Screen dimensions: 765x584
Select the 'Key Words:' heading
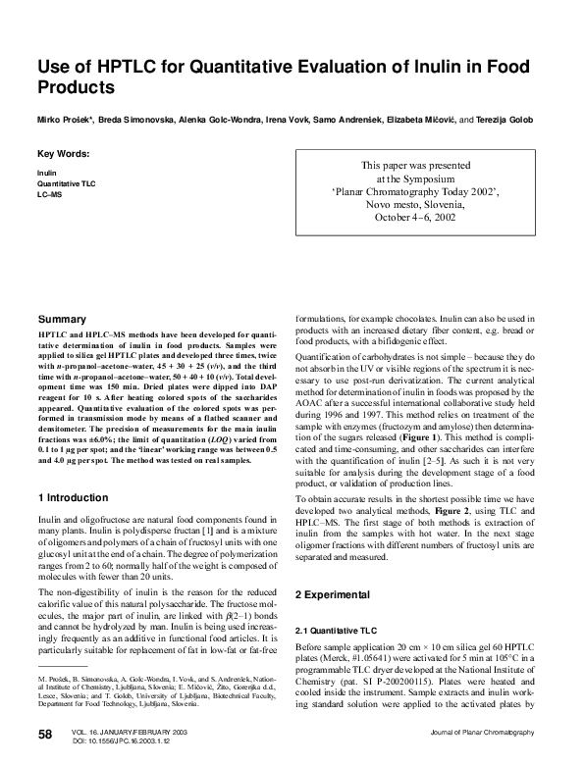click(x=64, y=154)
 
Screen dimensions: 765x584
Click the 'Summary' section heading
click(x=62, y=320)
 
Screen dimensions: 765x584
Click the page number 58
click(x=46, y=736)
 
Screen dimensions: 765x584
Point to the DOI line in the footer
click(x=118, y=740)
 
